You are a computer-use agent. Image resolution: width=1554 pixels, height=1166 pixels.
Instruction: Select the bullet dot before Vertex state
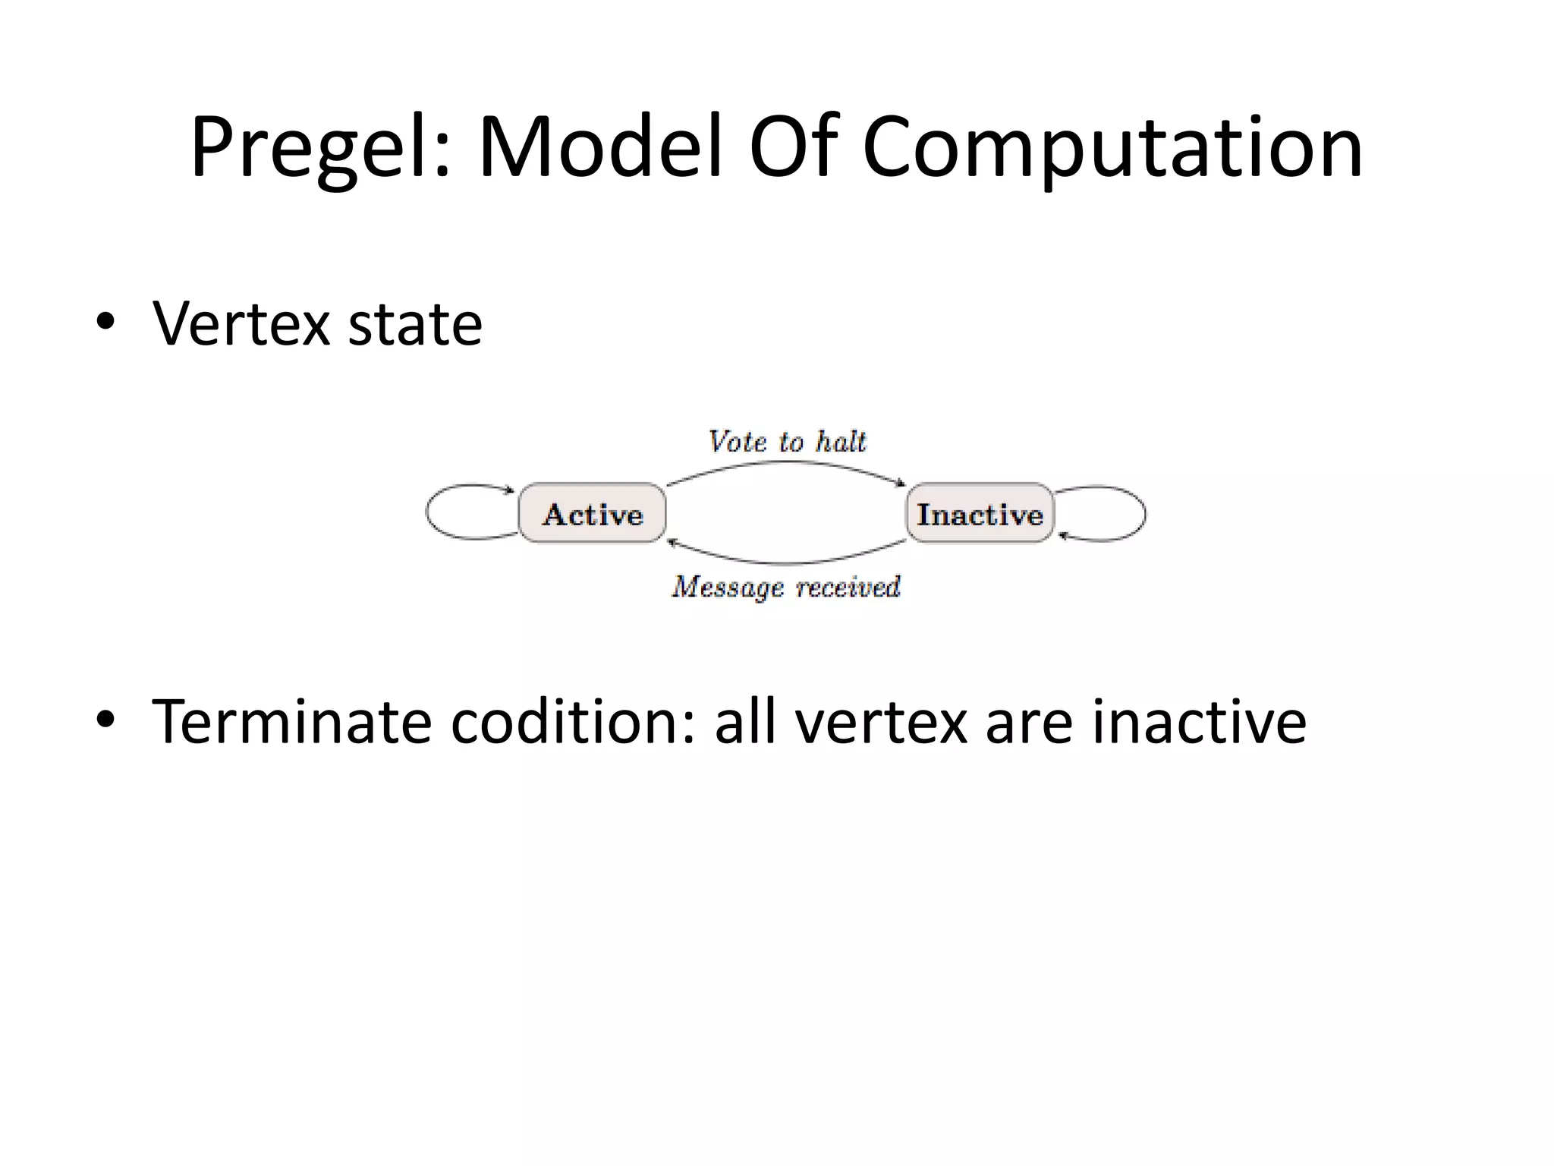105,322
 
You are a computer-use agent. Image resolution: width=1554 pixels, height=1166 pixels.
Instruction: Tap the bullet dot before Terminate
105,719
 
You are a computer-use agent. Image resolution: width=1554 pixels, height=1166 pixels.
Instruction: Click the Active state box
592,513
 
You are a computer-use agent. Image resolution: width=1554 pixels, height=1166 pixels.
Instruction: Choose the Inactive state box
980,513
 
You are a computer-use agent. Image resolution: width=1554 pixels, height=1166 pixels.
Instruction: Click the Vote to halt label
787,442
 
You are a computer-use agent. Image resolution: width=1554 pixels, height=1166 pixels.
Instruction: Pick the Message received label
786,587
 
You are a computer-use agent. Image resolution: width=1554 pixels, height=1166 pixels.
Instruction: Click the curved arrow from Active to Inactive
787,462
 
